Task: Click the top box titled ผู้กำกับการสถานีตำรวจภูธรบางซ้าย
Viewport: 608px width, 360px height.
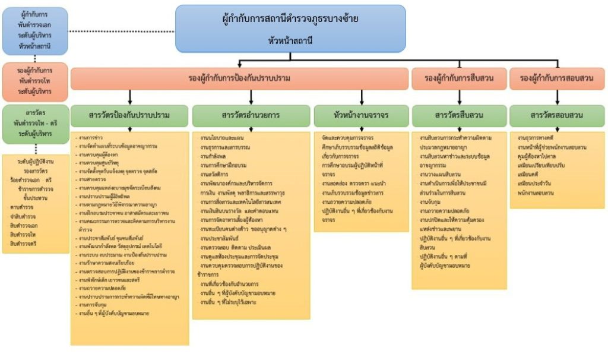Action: pyautogui.click(x=290, y=28)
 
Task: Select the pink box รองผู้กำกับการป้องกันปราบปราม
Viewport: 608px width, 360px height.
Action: pyautogui.click(x=239, y=78)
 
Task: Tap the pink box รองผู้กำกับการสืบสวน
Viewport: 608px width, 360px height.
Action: pyautogui.click(x=458, y=78)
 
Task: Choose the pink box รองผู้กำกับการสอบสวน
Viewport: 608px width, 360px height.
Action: pyautogui.click(x=556, y=78)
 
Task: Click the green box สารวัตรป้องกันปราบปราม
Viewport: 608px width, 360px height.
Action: pyautogui.click(x=129, y=115)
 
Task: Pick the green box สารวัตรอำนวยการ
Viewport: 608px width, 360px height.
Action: pyautogui.click(x=251, y=115)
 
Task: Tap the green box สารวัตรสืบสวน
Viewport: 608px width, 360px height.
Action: pyautogui.click(x=458, y=115)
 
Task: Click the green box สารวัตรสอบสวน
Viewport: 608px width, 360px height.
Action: pyautogui.click(x=556, y=115)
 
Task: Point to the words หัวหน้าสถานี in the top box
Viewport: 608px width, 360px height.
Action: pyautogui.click(x=290, y=40)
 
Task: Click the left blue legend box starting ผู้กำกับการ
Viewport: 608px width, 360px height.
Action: pyautogui.click(x=34, y=30)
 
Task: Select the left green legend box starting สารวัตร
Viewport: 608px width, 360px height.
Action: pyautogui.click(x=34, y=124)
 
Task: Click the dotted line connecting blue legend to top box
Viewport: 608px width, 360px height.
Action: pyautogui.click(x=122, y=30)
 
